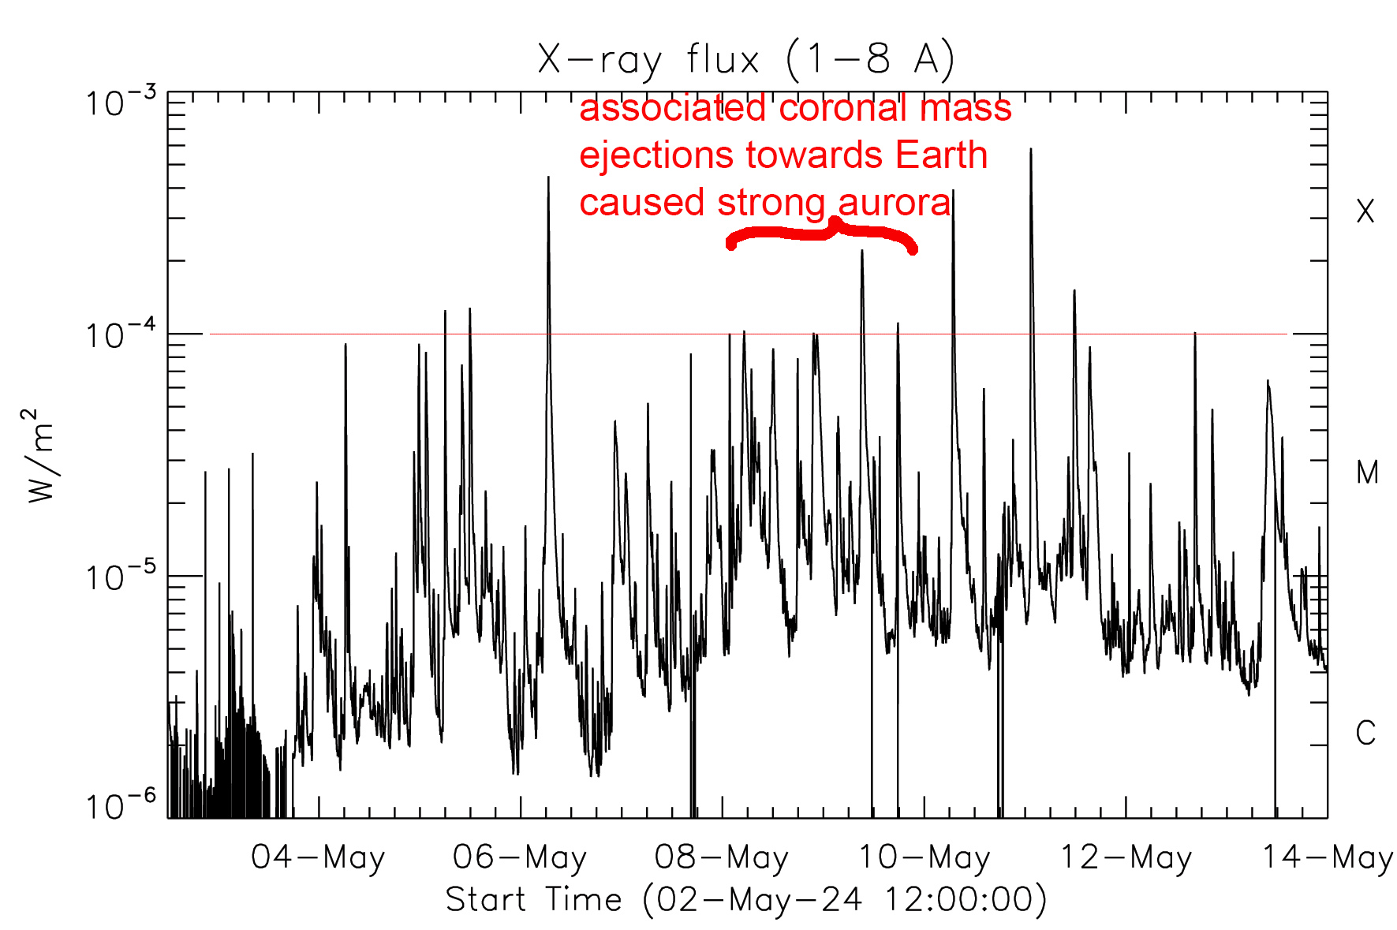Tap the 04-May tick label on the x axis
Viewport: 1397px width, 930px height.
pyautogui.click(x=318, y=857)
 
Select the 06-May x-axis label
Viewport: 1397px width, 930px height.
pyautogui.click(x=520, y=857)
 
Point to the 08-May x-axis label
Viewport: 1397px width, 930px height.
pyautogui.click(x=722, y=857)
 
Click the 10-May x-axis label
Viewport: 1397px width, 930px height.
pyautogui.click(x=924, y=857)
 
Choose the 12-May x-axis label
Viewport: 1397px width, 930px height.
pyautogui.click(x=1126, y=857)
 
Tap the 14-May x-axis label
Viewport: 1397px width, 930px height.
pyautogui.click(x=1328, y=857)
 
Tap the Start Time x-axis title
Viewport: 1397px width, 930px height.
pyautogui.click(x=745, y=900)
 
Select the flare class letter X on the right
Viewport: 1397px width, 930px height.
pyautogui.click(x=1365, y=211)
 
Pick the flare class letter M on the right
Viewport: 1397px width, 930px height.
pyautogui.click(x=1367, y=472)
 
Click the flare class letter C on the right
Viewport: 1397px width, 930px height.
pyautogui.click(x=1366, y=734)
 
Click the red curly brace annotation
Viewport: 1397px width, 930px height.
pyautogui.click(x=821, y=233)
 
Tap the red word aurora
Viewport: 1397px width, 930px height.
pyautogui.click(x=895, y=203)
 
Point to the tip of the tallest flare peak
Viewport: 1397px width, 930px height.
pyautogui.click(x=1030, y=149)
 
